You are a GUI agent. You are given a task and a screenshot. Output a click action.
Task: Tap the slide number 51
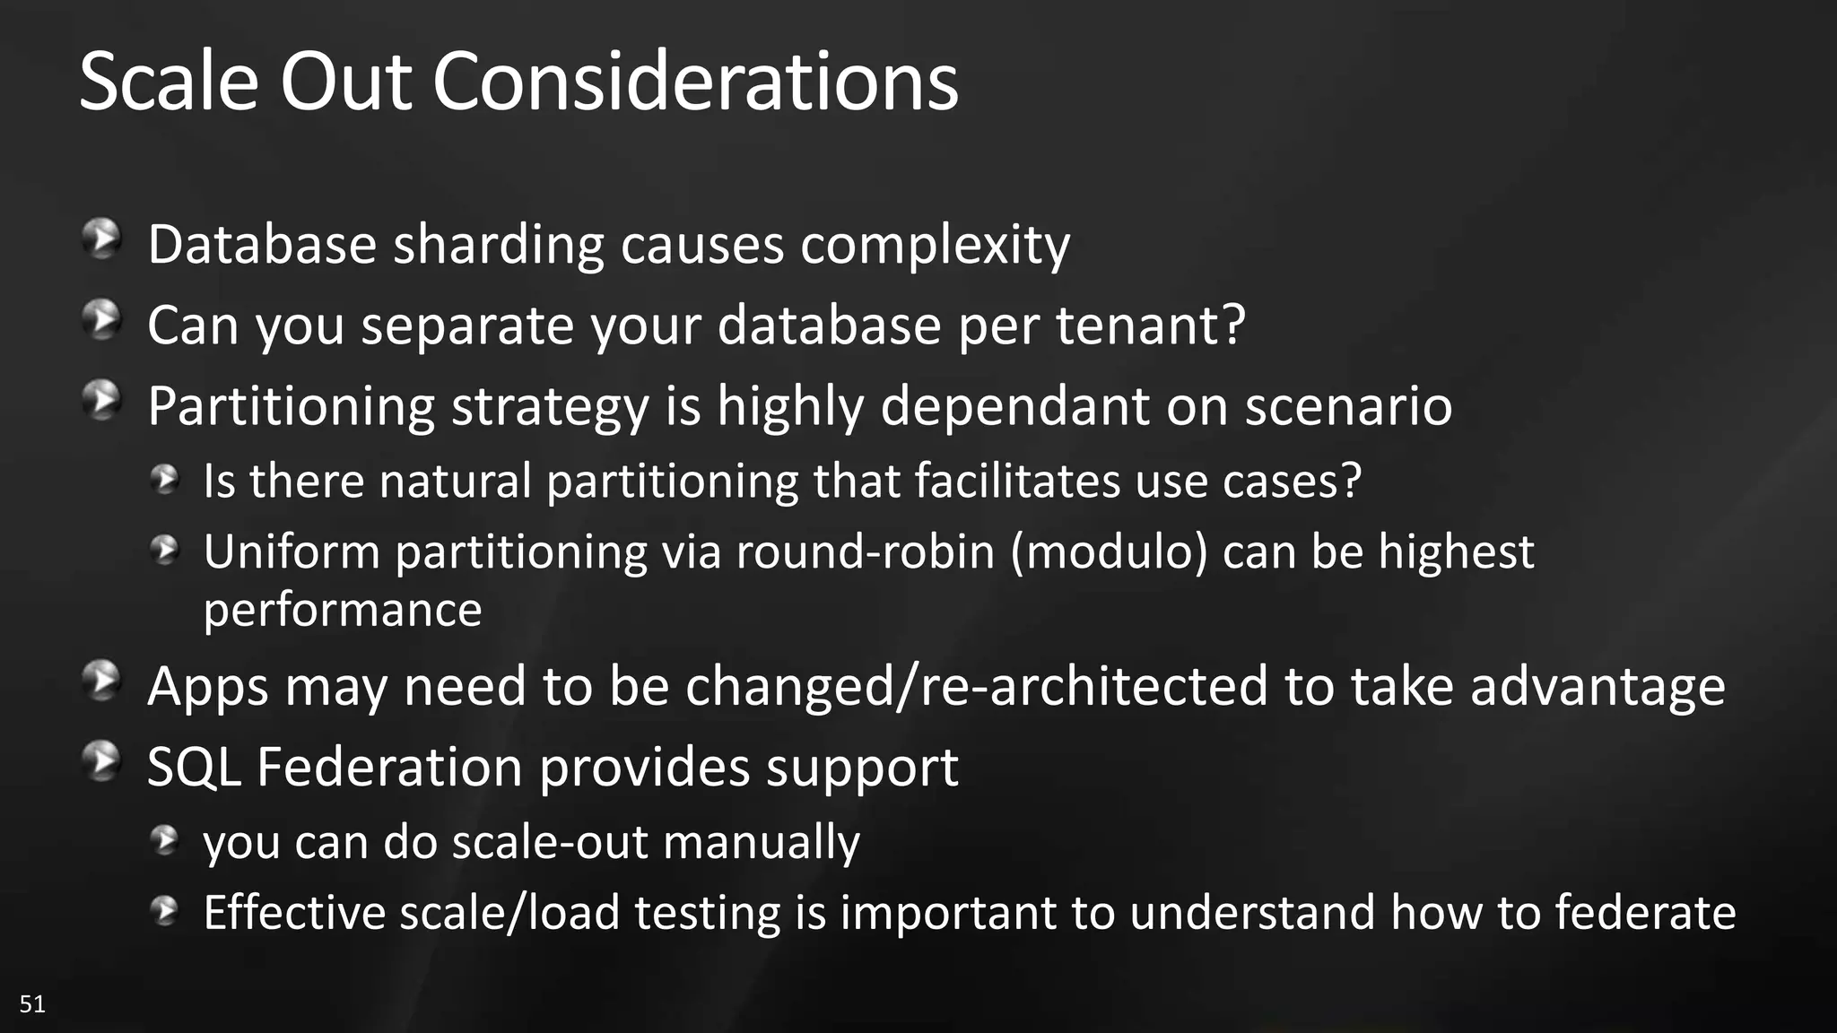click(x=32, y=1003)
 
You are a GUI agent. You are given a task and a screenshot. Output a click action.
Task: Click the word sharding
click(x=499, y=245)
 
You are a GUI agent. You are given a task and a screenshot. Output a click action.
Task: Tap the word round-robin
click(x=866, y=551)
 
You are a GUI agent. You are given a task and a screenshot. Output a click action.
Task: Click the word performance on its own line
click(x=343, y=611)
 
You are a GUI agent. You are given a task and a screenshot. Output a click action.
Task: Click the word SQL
click(x=194, y=768)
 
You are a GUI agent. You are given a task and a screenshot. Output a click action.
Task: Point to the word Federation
click(x=390, y=768)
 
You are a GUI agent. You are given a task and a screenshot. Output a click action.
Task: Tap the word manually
click(x=762, y=842)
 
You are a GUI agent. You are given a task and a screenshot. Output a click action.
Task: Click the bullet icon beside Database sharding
click(x=102, y=240)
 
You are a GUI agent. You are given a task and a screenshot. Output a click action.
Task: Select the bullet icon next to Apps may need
click(x=102, y=681)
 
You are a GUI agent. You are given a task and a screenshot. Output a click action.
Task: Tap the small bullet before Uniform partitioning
click(x=165, y=550)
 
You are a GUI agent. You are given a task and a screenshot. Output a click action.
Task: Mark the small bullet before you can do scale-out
click(x=165, y=840)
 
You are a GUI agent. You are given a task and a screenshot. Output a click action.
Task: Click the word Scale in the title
click(x=169, y=82)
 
